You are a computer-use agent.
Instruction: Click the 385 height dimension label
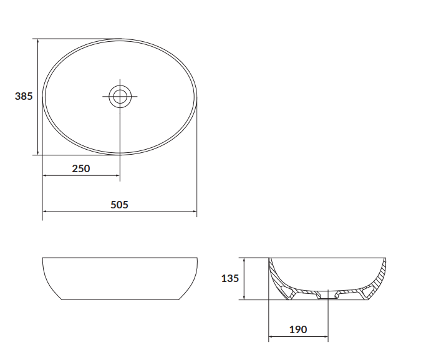[x=24, y=96]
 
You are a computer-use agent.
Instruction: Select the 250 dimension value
[x=81, y=168]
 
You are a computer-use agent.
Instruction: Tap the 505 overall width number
[x=119, y=204]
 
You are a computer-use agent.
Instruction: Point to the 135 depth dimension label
[x=230, y=278]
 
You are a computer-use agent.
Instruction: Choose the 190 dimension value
[x=298, y=329]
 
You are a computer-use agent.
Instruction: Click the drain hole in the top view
[x=119, y=96]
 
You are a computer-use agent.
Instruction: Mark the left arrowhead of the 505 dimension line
[x=45, y=213]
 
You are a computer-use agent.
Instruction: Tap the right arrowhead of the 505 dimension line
[x=195, y=213]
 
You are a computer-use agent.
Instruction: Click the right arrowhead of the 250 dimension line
[x=117, y=176]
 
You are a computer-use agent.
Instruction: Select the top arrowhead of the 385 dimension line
[x=39, y=41]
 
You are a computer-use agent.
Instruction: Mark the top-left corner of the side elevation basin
[x=42, y=258]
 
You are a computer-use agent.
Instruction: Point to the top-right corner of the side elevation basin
[x=197, y=258]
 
